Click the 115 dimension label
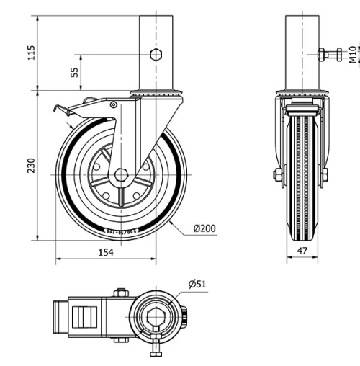pos(30,52)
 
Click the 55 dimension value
pos(74,72)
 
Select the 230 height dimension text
pos(30,165)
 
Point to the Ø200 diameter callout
pos(204,228)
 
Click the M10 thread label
pos(352,55)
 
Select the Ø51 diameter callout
pos(197,284)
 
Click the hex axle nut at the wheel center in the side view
pos(121,174)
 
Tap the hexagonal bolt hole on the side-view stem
pos(156,55)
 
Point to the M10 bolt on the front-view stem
pos(330,55)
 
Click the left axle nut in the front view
pos(277,174)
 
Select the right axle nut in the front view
pos(325,174)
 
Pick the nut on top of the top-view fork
pos(120,293)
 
